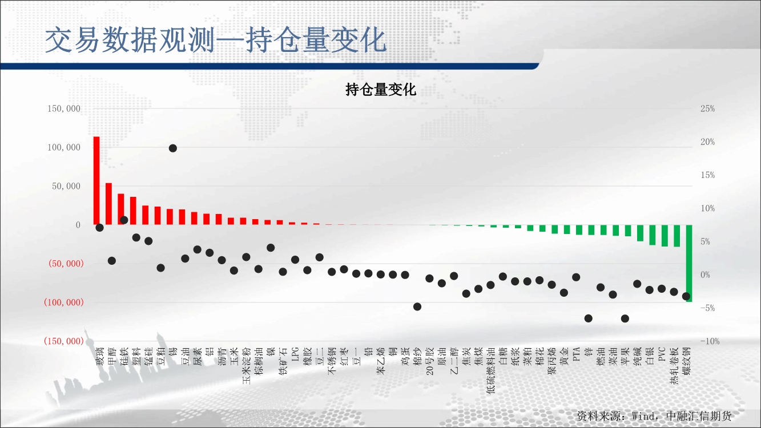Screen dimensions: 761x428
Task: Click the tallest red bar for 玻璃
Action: click(x=96, y=180)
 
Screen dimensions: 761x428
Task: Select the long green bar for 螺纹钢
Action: click(x=689, y=263)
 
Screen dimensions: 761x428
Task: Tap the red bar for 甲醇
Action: click(x=108, y=204)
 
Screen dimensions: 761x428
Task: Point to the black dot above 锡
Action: click(x=172, y=148)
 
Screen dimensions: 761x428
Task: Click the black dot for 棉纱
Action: click(x=417, y=307)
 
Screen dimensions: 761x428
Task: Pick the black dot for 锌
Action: click(x=589, y=318)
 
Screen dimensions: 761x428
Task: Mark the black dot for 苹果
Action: click(x=625, y=318)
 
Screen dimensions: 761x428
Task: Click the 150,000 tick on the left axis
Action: click(x=64, y=108)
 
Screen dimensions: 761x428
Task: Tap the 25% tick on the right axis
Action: click(x=708, y=108)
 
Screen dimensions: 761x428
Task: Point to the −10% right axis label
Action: click(x=710, y=341)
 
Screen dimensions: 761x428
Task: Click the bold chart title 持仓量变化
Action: click(x=380, y=90)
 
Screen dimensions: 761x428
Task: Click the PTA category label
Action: click(x=576, y=354)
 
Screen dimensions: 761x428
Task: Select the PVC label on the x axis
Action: click(x=662, y=354)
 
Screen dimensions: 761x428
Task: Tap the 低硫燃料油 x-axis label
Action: click(x=490, y=370)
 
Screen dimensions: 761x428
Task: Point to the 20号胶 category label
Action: click(x=429, y=361)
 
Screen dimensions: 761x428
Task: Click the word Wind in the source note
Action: click(x=643, y=416)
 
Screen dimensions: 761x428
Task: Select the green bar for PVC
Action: click(x=665, y=235)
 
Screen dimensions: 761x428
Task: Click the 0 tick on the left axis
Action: click(x=78, y=225)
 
